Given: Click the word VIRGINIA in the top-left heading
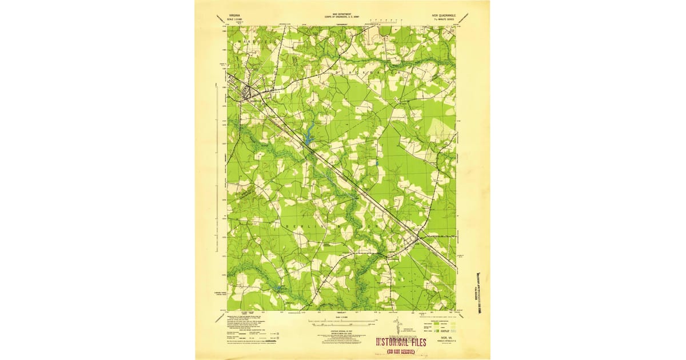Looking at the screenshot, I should [x=234, y=17].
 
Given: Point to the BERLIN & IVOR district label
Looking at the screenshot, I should [x=332, y=226].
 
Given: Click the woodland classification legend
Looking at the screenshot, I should [x=440, y=330].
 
